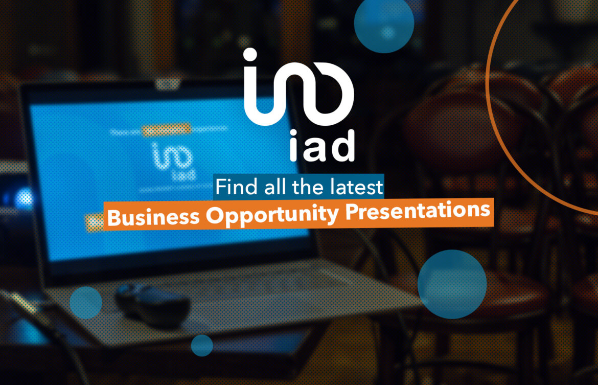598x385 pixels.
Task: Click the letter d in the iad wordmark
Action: pos(343,145)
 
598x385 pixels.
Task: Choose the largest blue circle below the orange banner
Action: pos(452,284)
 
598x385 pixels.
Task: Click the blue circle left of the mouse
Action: pos(85,303)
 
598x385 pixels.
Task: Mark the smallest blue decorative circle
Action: pos(202,345)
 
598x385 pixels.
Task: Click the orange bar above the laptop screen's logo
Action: pos(166,130)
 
